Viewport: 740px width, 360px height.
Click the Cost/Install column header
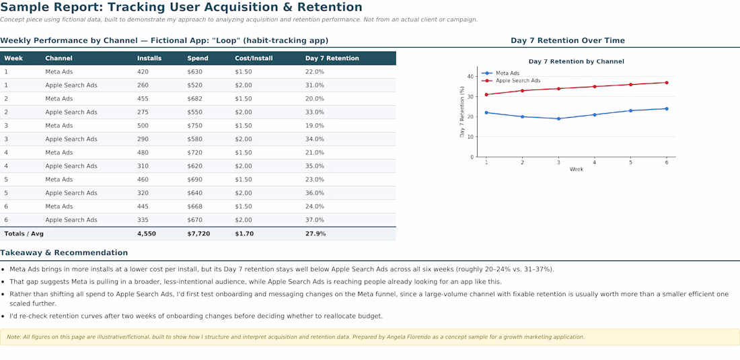click(x=254, y=59)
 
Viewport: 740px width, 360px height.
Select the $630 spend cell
click(x=194, y=72)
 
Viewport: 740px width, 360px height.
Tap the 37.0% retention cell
click(x=315, y=220)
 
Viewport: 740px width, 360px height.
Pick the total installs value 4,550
click(x=146, y=233)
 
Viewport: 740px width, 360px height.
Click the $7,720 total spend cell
click(x=198, y=233)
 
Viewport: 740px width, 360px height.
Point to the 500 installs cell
click(x=143, y=126)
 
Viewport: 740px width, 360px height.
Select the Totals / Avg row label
click(x=24, y=233)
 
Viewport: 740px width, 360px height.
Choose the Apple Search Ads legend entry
click(x=511, y=81)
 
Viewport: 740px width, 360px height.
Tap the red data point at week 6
click(x=667, y=83)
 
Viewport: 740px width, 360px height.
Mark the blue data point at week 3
click(x=558, y=118)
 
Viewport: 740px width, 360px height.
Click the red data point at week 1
click(x=486, y=94)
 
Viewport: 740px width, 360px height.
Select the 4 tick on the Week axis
click(x=594, y=162)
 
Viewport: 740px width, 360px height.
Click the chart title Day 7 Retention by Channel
click(x=577, y=61)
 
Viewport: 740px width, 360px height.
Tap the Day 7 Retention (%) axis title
click(x=463, y=112)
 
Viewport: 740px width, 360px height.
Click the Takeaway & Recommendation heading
click(x=64, y=253)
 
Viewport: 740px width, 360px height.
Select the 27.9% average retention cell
click(x=316, y=233)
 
